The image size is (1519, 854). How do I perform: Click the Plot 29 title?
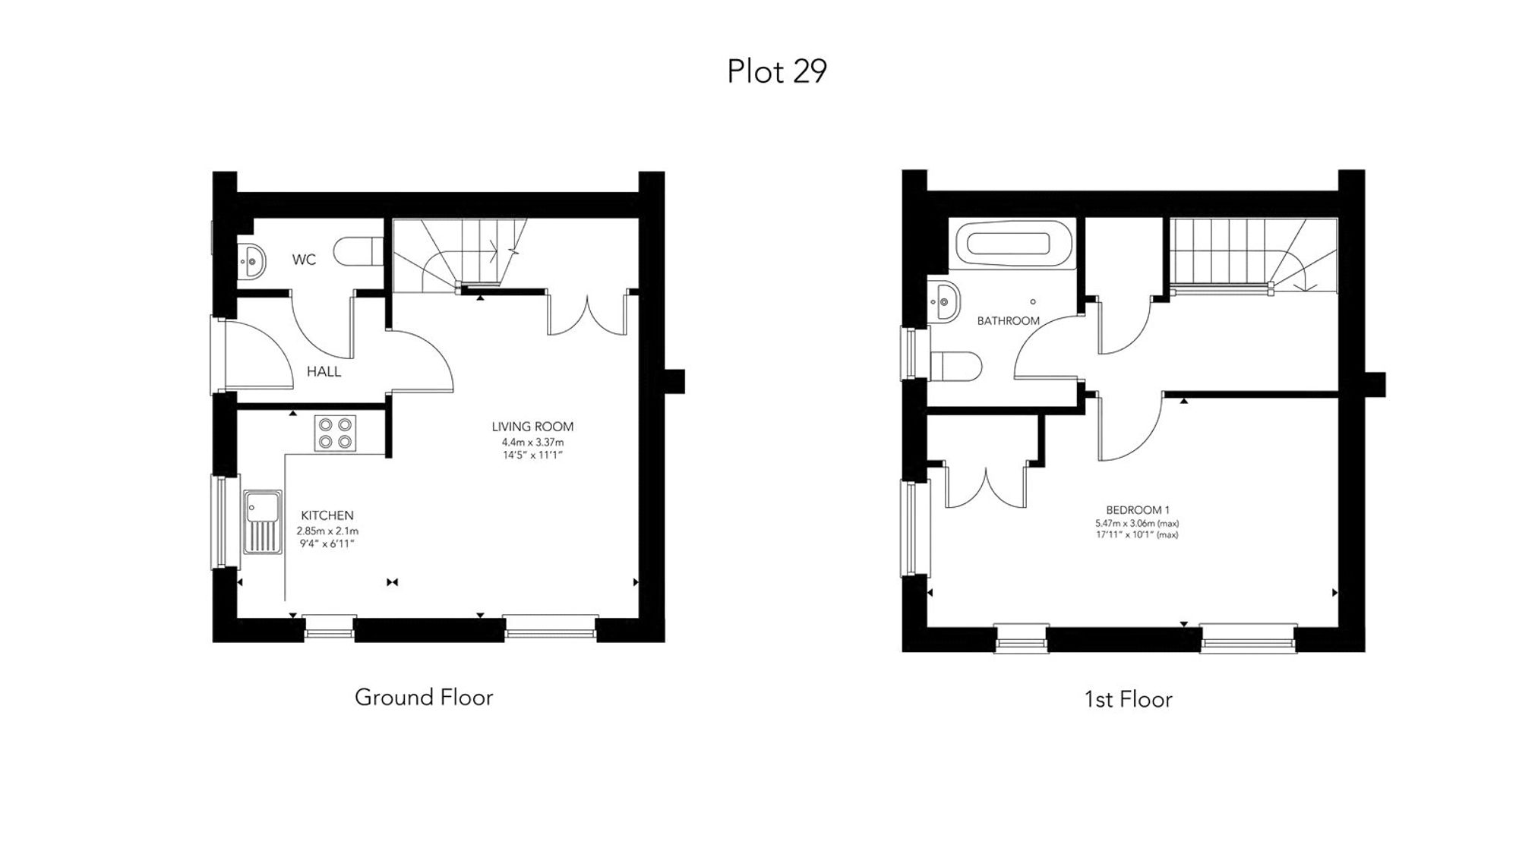[776, 71]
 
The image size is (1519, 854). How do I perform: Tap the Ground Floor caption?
[424, 697]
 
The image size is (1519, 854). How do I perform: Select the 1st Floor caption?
[1128, 699]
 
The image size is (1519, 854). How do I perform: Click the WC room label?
[304, 260]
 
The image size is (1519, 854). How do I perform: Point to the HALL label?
[324, 371]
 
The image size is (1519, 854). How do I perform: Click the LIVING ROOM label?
[532, 427]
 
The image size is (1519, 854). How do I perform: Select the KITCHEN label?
[327, 515]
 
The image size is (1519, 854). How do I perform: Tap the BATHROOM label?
[1008, 321]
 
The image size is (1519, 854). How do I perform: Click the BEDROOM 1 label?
[1137, 510]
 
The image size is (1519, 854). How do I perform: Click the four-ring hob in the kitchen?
[335, 433]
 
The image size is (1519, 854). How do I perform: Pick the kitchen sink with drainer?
[261, 522]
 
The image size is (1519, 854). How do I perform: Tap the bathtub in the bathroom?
[1008, 244]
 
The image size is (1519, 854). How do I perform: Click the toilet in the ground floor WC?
[358, 251]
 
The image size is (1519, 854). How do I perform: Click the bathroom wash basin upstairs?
[943, 301]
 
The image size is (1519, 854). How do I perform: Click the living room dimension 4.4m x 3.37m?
[532, 442]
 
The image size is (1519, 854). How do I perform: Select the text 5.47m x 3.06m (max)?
[1136, 523]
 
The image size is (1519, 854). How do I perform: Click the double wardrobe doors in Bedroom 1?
[985, 487]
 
